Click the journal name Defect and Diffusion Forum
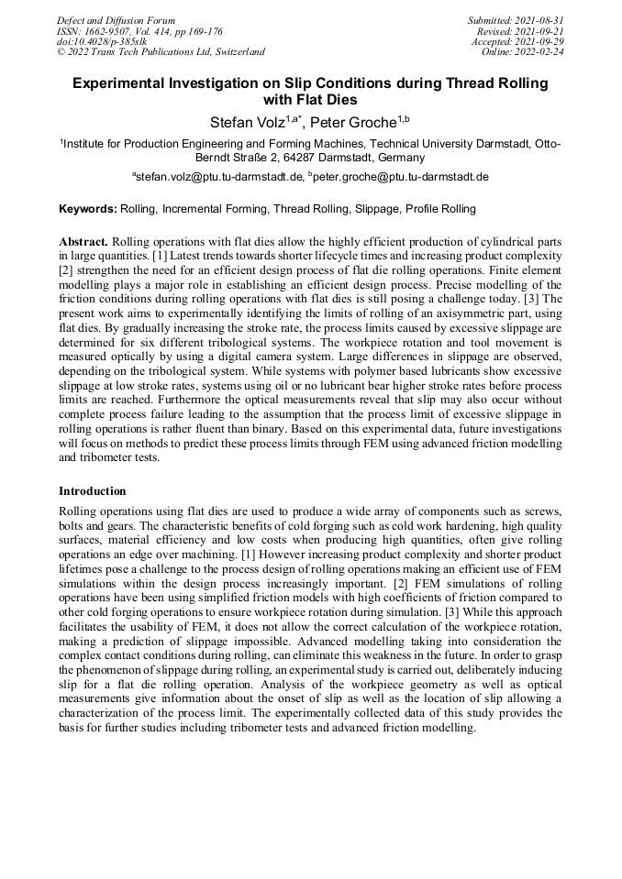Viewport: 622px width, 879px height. click(x=116, y=20)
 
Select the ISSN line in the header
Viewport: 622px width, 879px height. click(x=139, y=31)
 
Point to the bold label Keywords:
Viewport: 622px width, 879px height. click(x=88, y=209)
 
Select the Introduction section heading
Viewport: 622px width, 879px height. click(x=93, y=491)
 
